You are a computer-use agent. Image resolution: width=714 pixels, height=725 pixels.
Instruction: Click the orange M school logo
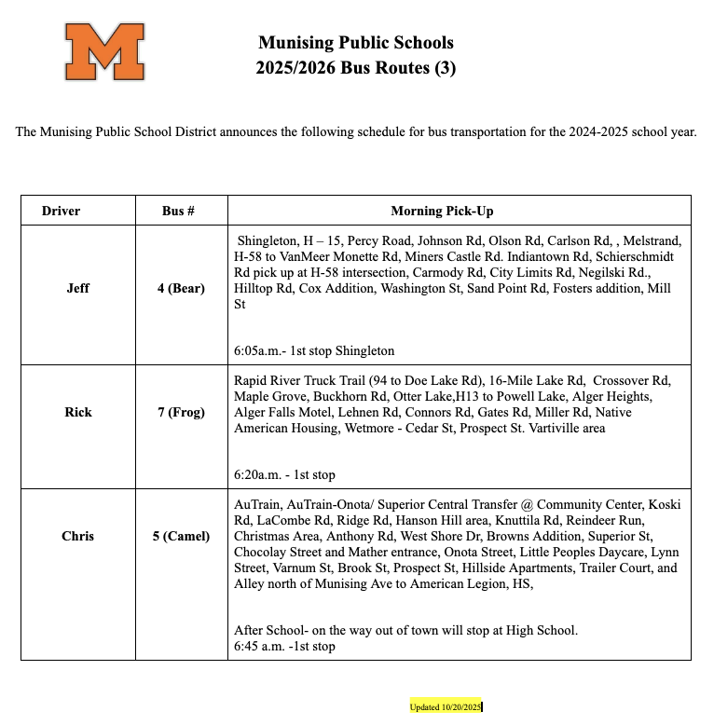pyautogui.click(x=104, y=52)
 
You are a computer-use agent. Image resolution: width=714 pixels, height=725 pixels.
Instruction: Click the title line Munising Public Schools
pyautogui.click(x=355, y=43)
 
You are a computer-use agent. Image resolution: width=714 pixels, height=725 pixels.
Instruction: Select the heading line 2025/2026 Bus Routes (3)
pyautogui.click(x=355, y=68)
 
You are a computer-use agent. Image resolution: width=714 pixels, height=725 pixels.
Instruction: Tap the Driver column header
pyautogui.click(x=62, y=212)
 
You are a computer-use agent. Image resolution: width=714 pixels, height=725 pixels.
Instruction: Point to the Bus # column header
pyautogui.click(x=178, y=212)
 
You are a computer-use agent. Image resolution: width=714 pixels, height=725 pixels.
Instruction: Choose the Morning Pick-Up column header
pyautogui.click(x=442, y=212)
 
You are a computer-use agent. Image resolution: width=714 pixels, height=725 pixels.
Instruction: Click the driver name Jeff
pyautogui.click(x=78, y=289)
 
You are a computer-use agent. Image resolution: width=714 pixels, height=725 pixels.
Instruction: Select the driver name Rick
pyautogui.click(x=78, y=412)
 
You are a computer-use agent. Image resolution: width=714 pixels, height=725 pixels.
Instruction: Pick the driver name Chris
pyautogui.click(x=78, y=537)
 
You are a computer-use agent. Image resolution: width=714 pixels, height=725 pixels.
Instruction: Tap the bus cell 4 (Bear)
pyautogui.click(x=181, y=289)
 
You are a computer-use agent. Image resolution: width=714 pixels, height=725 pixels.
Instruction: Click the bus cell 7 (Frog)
pyautogui.click(x=181, y=412)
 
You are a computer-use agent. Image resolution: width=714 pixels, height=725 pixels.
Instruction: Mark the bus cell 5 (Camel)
pyautogui.click(x=181, y=537)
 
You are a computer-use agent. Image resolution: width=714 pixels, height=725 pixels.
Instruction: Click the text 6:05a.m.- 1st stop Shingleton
pyautogui.click(x=314, y=351)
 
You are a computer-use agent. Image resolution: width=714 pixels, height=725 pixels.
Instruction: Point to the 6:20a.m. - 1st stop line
pyautogui.click(x=284, y=474)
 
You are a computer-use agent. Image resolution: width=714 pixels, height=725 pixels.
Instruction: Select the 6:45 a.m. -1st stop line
pyautogui.click(x=284, y=646)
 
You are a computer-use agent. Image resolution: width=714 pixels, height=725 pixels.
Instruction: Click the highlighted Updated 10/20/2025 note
pyautogui.click(x=445, y=707)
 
